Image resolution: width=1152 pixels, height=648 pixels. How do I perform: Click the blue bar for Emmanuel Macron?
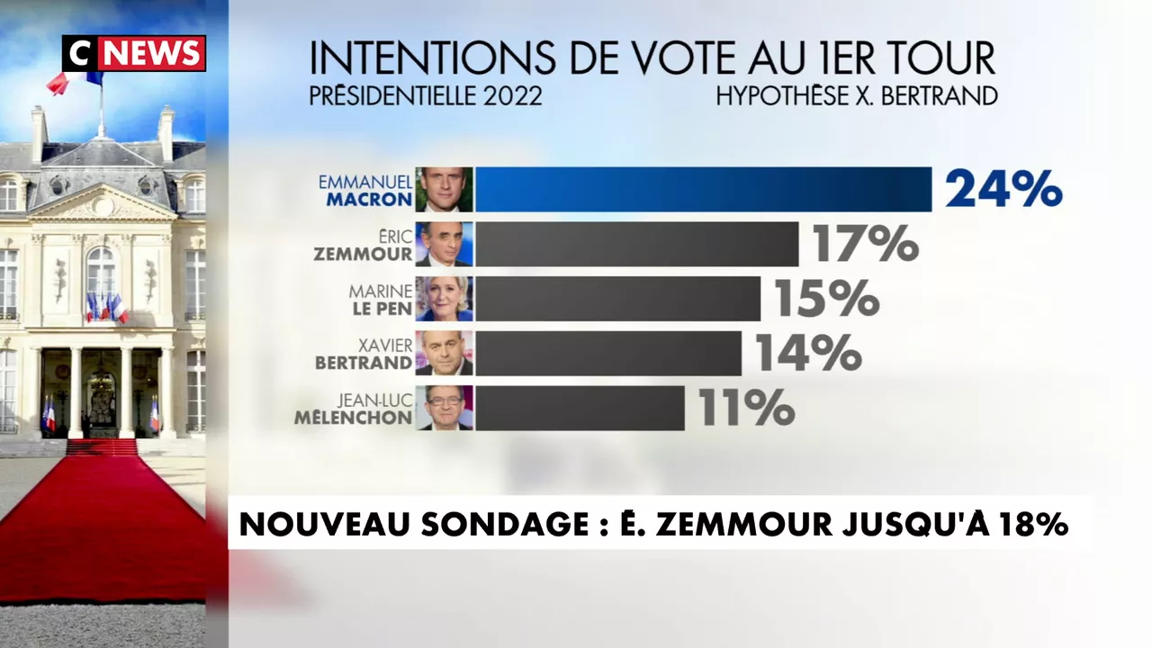(703, 189)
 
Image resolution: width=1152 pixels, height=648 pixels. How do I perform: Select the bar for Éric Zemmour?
(636, 244)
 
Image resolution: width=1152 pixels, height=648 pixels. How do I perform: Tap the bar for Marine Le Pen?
(617, 299)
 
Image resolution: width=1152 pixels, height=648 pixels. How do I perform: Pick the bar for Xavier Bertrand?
(608, 353)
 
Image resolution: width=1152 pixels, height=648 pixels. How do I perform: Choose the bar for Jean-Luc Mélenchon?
(580, 408)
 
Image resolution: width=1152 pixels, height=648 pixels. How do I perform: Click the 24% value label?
(1003, 189)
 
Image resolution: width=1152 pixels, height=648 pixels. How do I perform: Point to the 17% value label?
(865, 244)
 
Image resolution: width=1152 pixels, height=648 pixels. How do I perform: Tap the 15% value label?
(826, 299)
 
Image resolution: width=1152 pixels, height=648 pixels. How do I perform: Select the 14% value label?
(807, 353)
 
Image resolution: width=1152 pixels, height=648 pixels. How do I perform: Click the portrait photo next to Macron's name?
(444, 189)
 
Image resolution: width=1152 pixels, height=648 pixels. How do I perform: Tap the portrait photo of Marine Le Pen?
(444, 299)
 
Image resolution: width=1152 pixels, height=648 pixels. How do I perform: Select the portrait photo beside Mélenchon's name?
(444, 408)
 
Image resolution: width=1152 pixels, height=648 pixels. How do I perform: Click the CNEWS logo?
(134, 53)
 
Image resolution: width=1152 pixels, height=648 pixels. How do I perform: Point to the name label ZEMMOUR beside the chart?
(363, 255)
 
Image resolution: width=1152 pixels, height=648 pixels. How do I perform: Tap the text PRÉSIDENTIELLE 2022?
(426, 95)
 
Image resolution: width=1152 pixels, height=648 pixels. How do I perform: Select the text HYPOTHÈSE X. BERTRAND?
(856, 95)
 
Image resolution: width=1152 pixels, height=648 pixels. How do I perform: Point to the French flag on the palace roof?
(74, 81)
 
